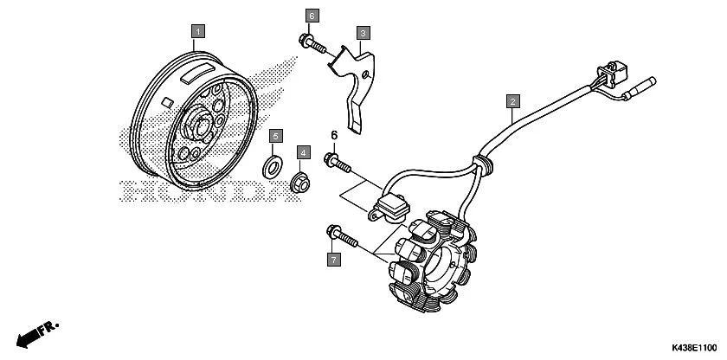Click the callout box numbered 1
(x=197, y=31)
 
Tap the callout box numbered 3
(x=363, y=33)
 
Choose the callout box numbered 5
(x=275, y=137)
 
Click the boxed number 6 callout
(x=312, y=16)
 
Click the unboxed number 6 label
(x=332, y=135)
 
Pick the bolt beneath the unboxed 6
(x=337, y=161)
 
